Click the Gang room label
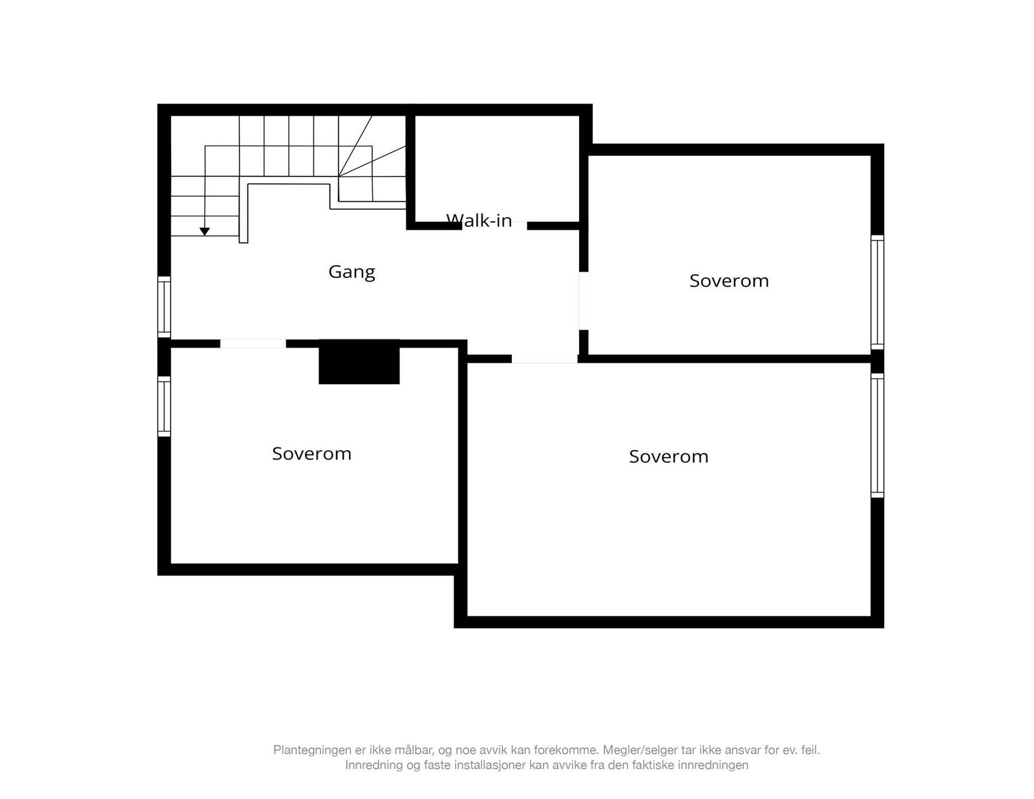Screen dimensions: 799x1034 tap(352, 272)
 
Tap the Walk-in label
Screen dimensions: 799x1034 tap(479, 221)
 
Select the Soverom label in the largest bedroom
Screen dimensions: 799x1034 tap(668, 457)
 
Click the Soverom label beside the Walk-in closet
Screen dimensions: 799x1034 tap(729, 281)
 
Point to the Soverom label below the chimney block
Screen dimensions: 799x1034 tap(311, 454)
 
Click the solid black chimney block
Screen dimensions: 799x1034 tap(359, 362)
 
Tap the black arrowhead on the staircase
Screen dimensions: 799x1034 tap(205, 231)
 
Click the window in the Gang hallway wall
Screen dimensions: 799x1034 tap(165, 307)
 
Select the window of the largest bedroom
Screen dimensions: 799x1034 tap(877, 435)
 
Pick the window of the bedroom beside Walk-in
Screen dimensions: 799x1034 tap(877, 292)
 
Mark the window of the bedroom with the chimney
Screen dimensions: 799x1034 tap(165, 407)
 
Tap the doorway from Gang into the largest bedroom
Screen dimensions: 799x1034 tap(545, 359)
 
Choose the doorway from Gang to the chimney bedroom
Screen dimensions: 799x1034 tap(253, 344)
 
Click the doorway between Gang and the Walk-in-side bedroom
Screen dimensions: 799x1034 tap(584, 301)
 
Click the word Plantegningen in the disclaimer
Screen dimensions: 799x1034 tap(311, 751)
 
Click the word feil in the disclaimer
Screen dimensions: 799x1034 tap(809, 751)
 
